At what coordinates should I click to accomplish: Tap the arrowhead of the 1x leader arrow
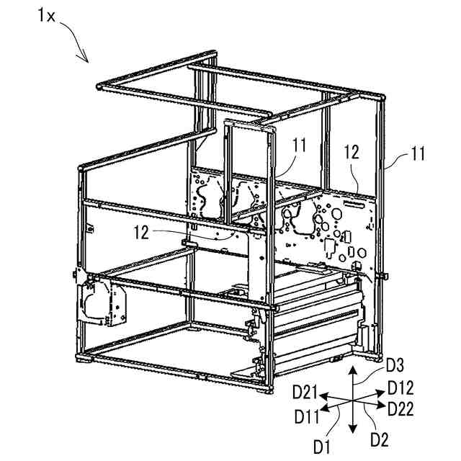tap(87, 62)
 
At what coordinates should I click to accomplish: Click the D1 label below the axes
tap(322, 446)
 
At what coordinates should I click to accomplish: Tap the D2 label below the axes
tap(379, 437)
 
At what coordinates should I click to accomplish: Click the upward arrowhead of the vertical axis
tap(352, 368)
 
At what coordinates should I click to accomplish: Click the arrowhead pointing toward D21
tap(323, 395)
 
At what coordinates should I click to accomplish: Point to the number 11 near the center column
tap(299, 146)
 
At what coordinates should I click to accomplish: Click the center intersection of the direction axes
tap(352, 400)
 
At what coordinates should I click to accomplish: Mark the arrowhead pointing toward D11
tap(324, 408)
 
